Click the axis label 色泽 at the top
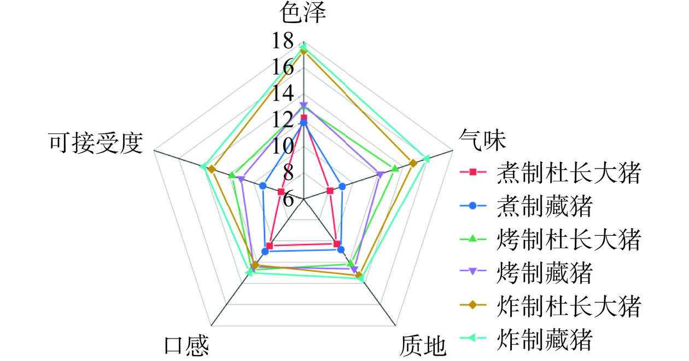pyautogui.click(x=303, y=13)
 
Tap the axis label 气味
pyautogui.click(x=483, y=140)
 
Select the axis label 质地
pyautogui.click(x=423, y=347)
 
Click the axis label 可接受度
pyautogui.click(x=96, y=143)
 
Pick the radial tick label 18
pyautogui.click(x=283, y=41)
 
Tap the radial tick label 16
pyautogui.click(x=283, y=67)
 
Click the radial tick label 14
pyautogui.click(x=283, y=94)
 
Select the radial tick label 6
pyautogui.click(x=288, y=199)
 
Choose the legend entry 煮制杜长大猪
pyautogui.click(x=551, y=172)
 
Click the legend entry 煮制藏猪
pyautogui.click(x=526, y=206)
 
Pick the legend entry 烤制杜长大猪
pyautogui.click(x=551, y=239)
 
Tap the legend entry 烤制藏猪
pyautogui.click(x=526, y=272)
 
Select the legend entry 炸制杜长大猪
pyautogui.click(x=551, y=306)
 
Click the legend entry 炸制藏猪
pyautogui.click(x=526, y=339)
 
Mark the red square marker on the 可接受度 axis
pyautogui.click(x=281, y=192)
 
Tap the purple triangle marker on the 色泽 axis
pyautogui.click(x=303, y=106)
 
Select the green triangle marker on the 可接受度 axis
pyautogui.click(x=232, y=176)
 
